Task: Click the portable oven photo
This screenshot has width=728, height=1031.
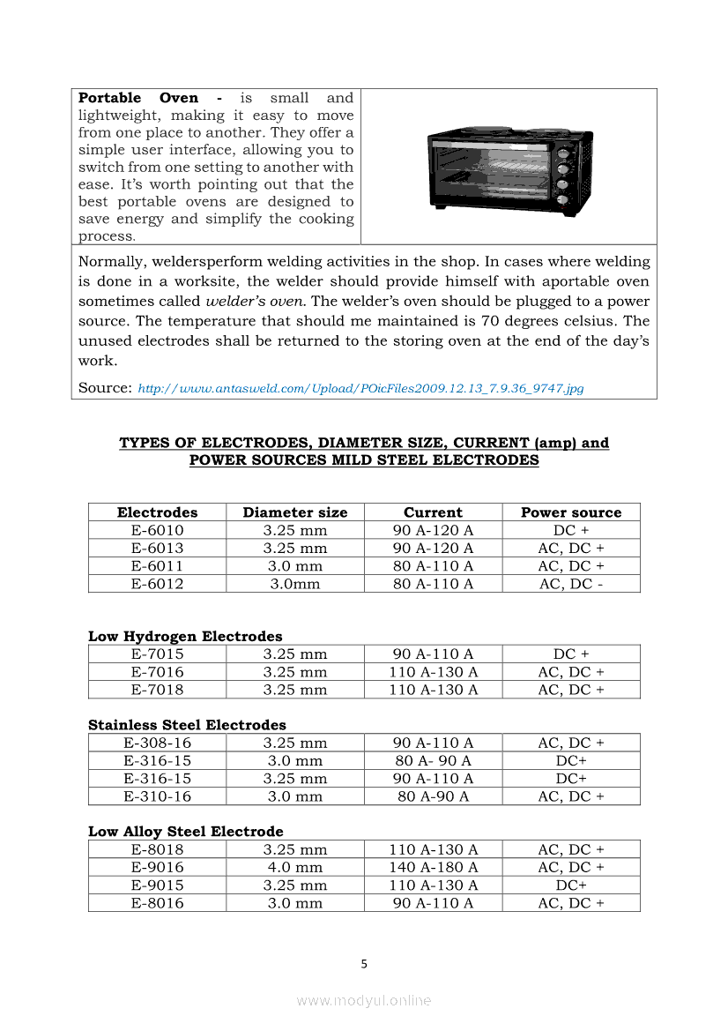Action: click(509, 168)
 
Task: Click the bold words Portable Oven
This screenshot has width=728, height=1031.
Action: click(138, 98)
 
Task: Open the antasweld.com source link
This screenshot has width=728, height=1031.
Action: click(360, 388)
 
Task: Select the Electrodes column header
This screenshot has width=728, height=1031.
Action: click(157, 512)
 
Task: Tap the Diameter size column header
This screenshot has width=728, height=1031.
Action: click(295, 512)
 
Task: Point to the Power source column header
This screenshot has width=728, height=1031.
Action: click(571, 512)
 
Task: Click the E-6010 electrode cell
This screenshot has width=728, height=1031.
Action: click(157, 530)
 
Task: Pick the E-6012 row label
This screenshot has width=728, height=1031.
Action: click(157, 584)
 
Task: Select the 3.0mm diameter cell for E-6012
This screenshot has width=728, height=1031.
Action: click(295, 584)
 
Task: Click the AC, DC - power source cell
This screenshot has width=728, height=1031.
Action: click(571, 584)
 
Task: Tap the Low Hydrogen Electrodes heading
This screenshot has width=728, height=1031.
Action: click(185, 636)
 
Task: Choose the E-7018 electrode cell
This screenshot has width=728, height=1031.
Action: click(157, 690)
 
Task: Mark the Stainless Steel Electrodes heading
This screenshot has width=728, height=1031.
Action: click(187, 725)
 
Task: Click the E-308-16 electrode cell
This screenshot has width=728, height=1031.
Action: click(157, 743)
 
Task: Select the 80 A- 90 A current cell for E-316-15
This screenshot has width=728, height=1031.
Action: click(433, 760)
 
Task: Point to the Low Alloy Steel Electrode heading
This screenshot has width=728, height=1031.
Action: click(186, 832)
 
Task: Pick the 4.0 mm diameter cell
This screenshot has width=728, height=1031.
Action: click(295, 867)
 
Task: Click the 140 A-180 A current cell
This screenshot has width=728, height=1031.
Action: click(433, 867)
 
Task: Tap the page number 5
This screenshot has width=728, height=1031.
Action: click(364, 964)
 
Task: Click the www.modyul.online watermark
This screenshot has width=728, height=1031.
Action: click(364, 1000)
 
